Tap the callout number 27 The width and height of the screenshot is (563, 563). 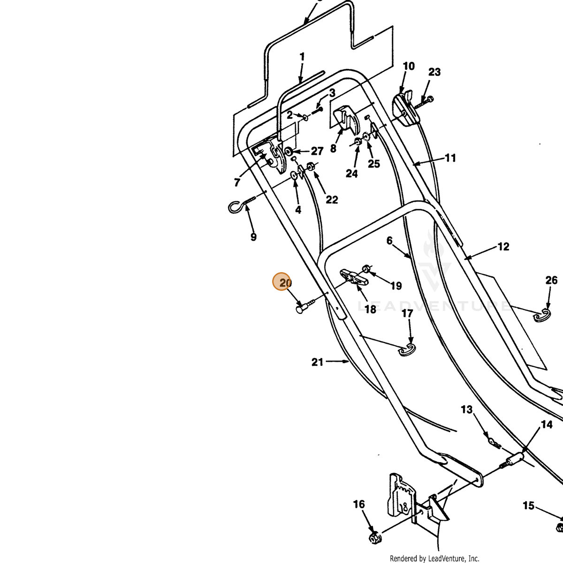point(317,151)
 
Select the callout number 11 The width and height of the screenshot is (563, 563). point(450,158)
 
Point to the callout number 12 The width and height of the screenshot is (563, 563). point(503,247)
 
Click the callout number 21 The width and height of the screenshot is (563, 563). point(317,362)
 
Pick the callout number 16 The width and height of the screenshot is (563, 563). point(359,504)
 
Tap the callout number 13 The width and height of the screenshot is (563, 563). point(466,410)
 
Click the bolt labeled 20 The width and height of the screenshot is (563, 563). point(305,305)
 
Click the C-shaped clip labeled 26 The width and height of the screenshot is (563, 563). point(542,316)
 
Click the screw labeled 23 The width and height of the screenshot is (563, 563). point(423,103)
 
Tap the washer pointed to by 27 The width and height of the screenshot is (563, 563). point(289,152)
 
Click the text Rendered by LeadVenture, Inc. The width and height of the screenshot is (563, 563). point(434,558)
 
